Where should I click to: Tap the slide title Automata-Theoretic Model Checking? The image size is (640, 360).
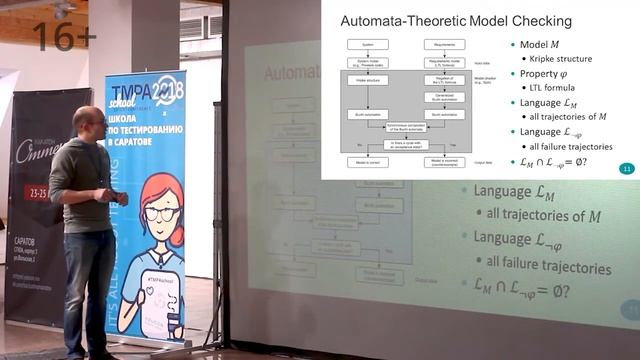455,20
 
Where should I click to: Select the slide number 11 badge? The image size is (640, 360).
627,168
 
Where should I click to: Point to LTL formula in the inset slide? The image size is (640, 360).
551,88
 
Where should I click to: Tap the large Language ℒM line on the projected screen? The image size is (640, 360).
514,192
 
